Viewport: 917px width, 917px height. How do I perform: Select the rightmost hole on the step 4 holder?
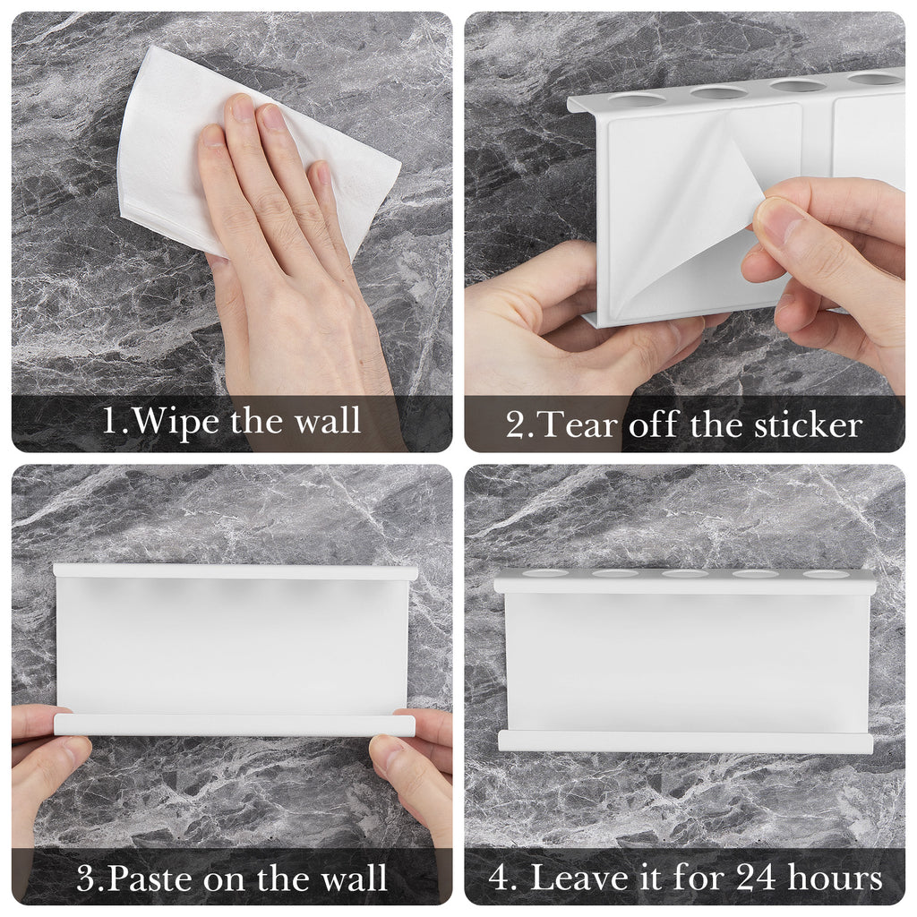point(825,574)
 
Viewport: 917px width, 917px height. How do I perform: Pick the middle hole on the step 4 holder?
point(685,574)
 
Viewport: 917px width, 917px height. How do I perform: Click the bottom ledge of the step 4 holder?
point(685,741)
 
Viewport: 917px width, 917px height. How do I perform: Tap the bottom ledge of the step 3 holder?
point(235,724)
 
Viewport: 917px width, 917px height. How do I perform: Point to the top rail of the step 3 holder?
point(236,571)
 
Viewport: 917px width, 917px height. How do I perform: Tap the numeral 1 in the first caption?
point(110,420)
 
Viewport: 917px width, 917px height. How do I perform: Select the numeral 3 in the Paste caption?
point(86,878)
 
